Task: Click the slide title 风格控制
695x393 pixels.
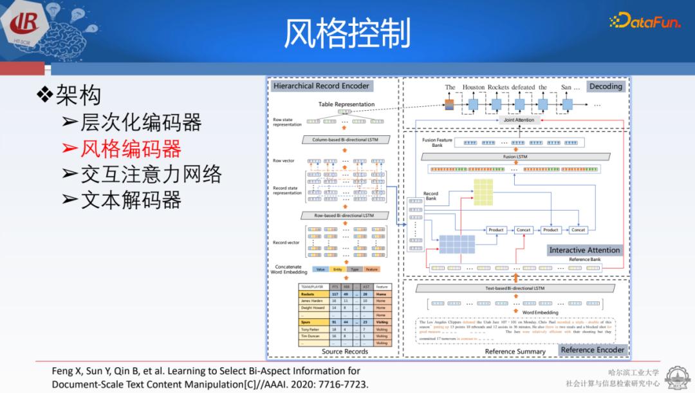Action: click(347, 34)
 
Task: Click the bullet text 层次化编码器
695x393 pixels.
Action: click(140, 122)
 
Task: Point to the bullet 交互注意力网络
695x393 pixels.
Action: click(151, 175)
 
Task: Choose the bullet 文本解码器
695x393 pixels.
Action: click(130, 200)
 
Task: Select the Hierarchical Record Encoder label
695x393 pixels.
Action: click(321, 86)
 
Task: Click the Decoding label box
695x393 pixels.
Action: click(606, 86)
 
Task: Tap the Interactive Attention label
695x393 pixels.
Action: click(584, 250)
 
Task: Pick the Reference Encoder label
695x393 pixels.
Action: click(592, 350)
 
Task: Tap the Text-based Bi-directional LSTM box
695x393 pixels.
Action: click(515, 288)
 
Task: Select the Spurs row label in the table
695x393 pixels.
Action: click(307, 321)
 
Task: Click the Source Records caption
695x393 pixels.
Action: click(345, 351)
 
